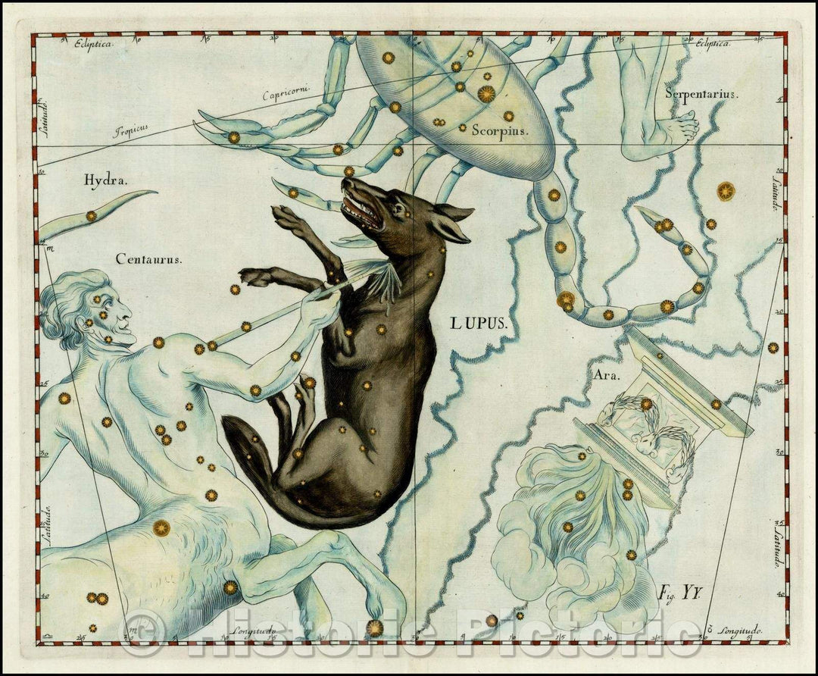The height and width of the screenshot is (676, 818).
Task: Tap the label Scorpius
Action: click(x=499, y=130)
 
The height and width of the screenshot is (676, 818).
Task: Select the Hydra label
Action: click(x=106, y=180)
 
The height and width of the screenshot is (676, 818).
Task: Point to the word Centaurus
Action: click(x=149, y=259)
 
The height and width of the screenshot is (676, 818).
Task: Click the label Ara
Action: click(x=607, y=374)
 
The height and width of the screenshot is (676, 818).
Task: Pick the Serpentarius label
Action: click(x=701, y=94)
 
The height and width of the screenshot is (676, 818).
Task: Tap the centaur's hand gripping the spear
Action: click(x=325, y=299)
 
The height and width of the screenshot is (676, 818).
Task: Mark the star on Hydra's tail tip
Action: click(x=91, y=216)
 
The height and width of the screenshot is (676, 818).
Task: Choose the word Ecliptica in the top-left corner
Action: click(x=93, y=45)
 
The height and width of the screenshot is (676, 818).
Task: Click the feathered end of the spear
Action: click(x=383, y=277)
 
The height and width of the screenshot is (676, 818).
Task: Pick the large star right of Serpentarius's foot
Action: click(x=726, y=191)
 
